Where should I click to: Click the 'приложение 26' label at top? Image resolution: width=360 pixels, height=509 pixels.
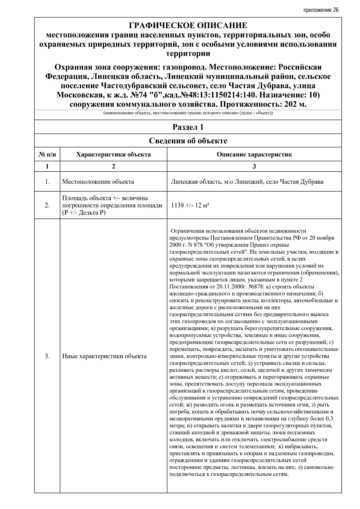pyautogui.click(x=321, y=10)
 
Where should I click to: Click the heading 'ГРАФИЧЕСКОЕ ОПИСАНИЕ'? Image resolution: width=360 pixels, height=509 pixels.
pyautogui.click(x=188, y=25)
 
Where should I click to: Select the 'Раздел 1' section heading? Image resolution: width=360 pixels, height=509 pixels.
pyautogui.click(x=188, y=127)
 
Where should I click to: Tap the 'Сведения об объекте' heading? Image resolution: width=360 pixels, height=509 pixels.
pyautogui.click(x=188, y=141)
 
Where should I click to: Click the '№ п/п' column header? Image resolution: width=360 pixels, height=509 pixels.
pyautogui.click(x=47, y=155)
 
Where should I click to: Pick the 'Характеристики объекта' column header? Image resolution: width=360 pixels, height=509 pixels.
pyautogui.click(x=113, y=155)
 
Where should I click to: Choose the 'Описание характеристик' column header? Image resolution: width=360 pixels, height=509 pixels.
pyautogui.click(x=254, y=155)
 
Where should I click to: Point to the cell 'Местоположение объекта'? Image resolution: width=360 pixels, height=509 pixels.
pyautogui.click(x=98, y=182)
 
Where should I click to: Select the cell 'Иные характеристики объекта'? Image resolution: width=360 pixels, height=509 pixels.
pyautogui.click(x=104, y=356)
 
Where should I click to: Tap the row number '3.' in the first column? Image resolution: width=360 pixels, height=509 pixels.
pyautogui.click(x=47, y=356)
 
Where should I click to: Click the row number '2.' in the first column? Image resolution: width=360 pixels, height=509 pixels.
pyautogui.click(x=47, y=205)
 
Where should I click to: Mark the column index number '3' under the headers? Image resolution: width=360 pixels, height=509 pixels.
pyautogui.click(x=254, y=166)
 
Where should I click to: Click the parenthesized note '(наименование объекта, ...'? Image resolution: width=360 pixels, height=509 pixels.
pyautogui.click(x=188, y=113)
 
